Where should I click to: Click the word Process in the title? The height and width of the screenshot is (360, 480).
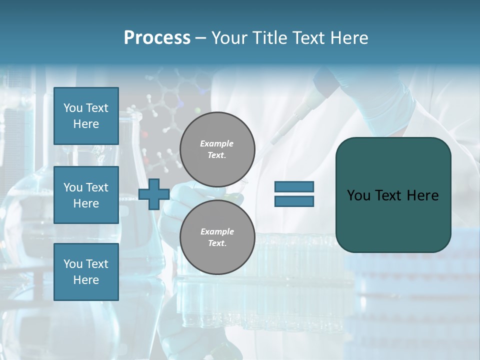(157, 38)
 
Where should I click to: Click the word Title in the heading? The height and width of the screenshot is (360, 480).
(269, 38)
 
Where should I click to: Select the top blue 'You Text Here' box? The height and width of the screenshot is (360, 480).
(86, 116)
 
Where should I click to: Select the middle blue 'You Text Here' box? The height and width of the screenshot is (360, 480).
(86, 195)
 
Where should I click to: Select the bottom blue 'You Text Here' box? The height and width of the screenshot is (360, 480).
(86, 271)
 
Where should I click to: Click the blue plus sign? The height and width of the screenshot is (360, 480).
(153, 194)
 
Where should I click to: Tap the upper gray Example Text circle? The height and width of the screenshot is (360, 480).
(217, 149)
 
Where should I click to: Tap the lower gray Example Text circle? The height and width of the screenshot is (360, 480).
(217, 237)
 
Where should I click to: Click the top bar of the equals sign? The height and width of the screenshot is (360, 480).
(294, 187)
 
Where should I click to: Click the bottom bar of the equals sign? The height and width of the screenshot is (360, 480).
(294, 201)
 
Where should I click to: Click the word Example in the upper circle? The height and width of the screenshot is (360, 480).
(217, 143)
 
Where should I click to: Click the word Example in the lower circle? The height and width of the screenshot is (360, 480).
(217, 231)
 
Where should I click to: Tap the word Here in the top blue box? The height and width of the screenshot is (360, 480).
(86, 124)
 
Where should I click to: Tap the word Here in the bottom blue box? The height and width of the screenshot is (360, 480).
(86, 280)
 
